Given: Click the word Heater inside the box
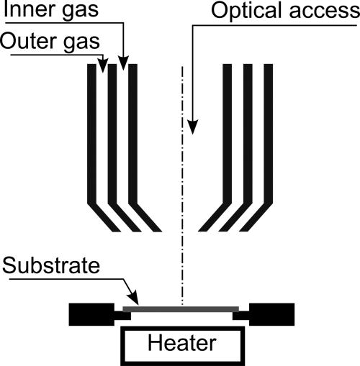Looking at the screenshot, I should point(180,343).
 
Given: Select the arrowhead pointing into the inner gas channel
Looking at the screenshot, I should point(123,65).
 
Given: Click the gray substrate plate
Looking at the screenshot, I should point(180,308).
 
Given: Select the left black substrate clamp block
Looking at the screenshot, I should point(90,314).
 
